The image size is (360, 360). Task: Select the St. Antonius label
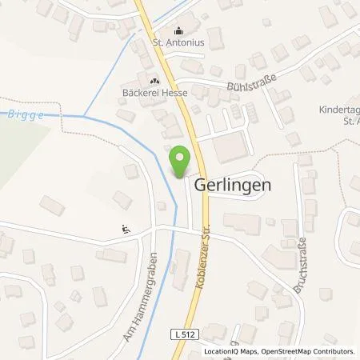point(178,45)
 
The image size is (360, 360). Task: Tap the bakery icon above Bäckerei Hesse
point(154,80)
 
